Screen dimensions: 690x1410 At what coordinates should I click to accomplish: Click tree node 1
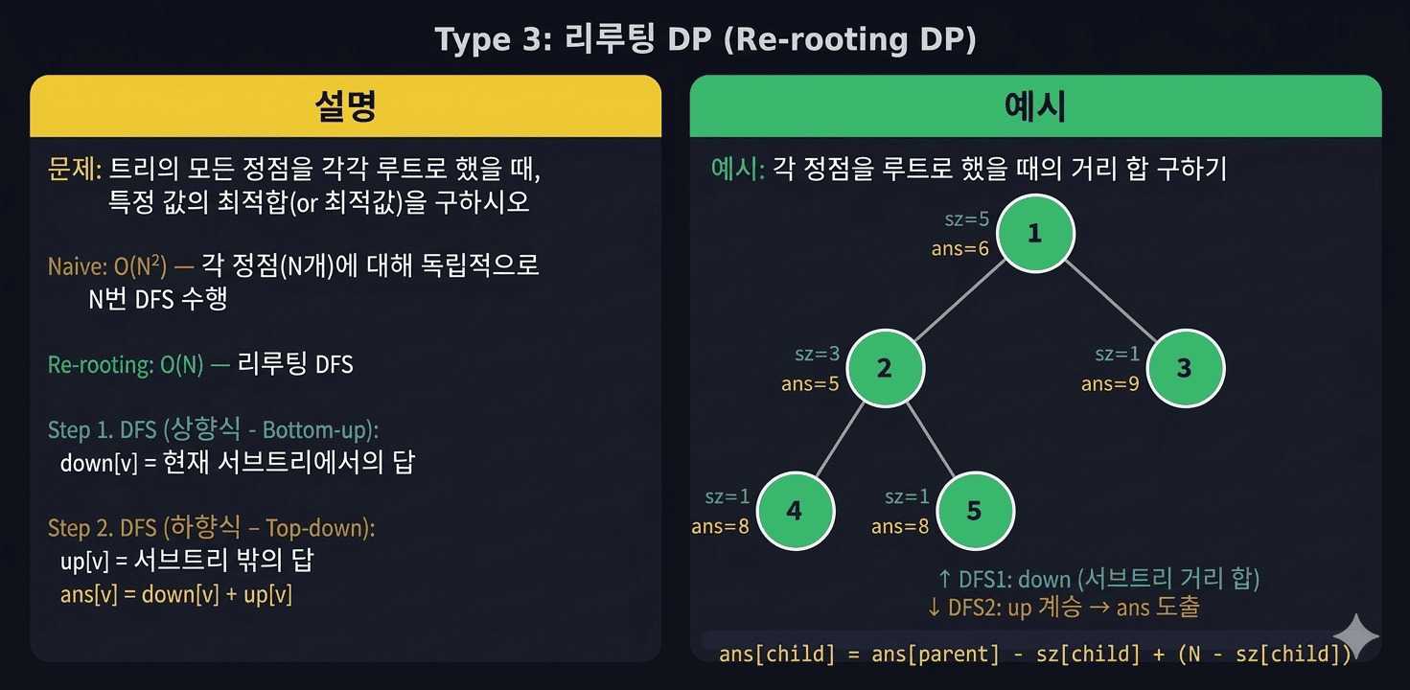click(x=1035, y=234)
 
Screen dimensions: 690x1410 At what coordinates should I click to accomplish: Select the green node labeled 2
click(x=885, y=369)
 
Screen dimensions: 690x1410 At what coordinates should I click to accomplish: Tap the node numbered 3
click(x=1185, y=369)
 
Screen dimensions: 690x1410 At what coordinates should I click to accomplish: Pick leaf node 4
click(x=795, y=511)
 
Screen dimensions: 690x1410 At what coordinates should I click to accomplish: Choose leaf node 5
click(x=974, y=511)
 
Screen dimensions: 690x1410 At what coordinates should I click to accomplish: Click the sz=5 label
click(x=966, y=219)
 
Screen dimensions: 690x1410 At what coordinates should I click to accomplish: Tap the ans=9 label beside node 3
click(x=1110, y=384)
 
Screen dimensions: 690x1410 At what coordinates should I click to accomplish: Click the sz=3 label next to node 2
click(x=817, y=355)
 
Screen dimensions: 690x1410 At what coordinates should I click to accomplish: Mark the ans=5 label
click(x=811, y=384)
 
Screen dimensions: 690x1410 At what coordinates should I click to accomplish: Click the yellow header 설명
click(x=345, y=106)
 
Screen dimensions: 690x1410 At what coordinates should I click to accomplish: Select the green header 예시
click(x=1035, y=106)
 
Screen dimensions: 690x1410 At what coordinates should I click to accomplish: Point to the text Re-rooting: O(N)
click(x=126, y=365)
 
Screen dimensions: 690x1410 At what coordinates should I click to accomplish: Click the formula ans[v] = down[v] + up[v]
click(x=175, y=594)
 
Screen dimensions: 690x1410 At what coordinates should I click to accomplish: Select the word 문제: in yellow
click(x=75, y=170)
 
